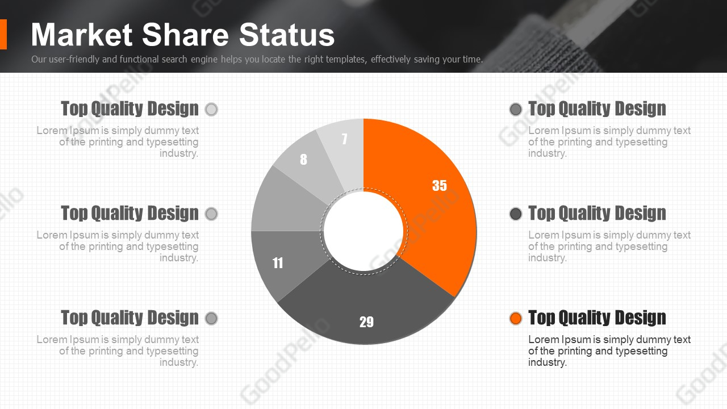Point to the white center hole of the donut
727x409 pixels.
pos(363,231)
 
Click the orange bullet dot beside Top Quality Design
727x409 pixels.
pos(515,318)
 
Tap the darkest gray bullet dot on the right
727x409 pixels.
pos(515,214)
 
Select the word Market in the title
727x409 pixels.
pos(82,35)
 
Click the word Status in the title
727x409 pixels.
pos(287,35)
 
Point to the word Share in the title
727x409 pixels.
pos(186,35)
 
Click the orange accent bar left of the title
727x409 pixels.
pos(3,35)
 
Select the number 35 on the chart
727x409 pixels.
pos(440,185)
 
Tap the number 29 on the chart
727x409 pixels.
pos(366,322)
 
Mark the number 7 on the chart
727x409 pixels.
pos(344,139)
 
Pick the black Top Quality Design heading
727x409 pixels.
pos(597,318)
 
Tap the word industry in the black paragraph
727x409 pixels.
pos(547,362)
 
